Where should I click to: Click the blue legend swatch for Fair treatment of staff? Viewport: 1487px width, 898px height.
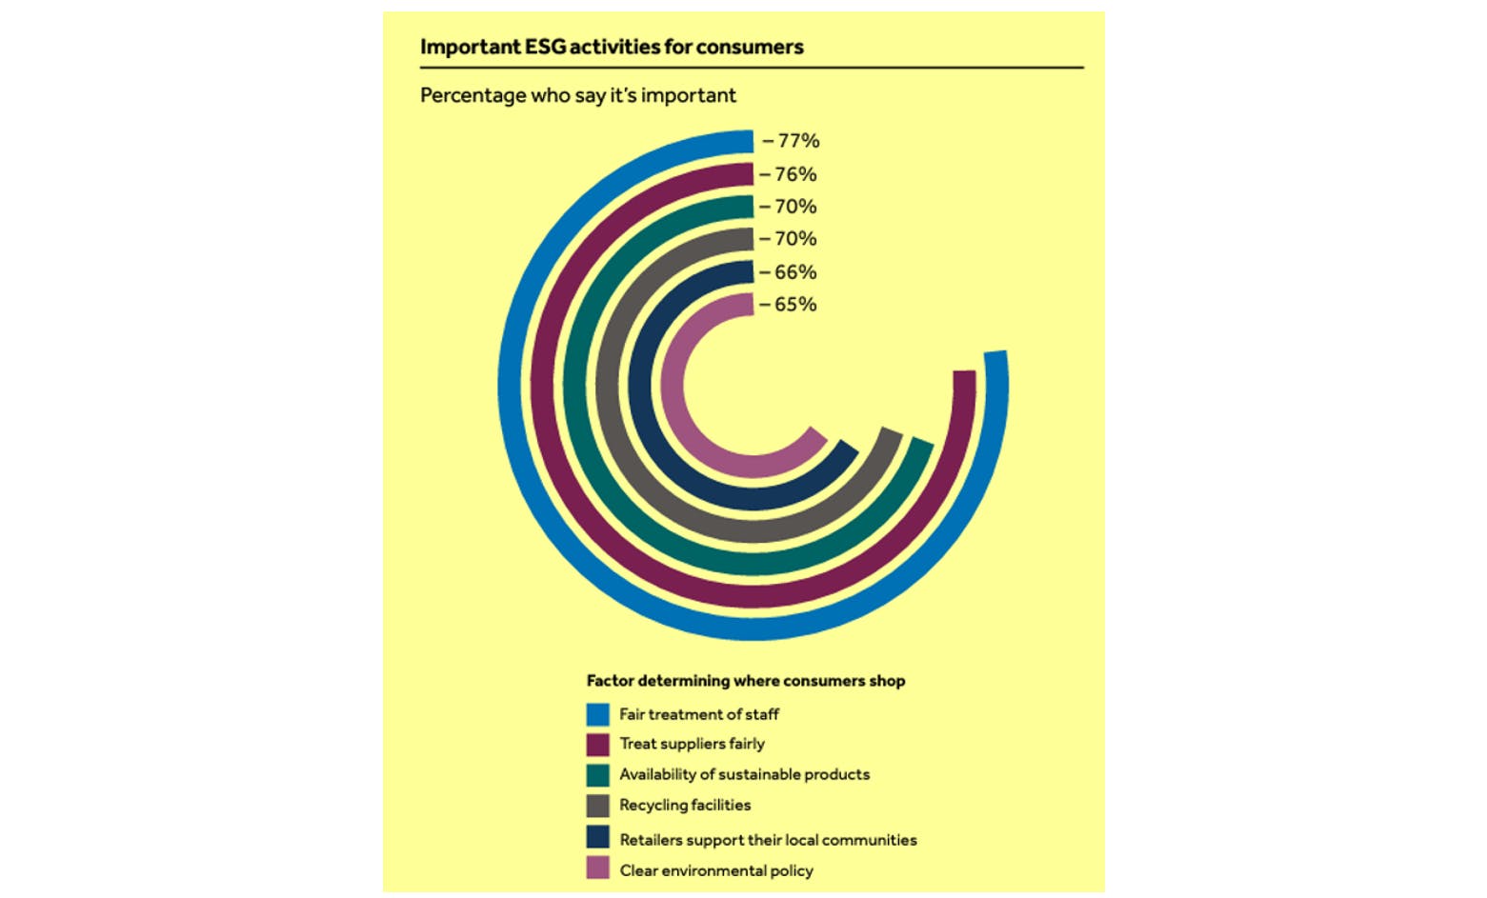pos(597,714)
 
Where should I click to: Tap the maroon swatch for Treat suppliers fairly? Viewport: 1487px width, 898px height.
pos(597,744)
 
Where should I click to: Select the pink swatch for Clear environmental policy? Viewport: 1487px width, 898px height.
pos(597,868)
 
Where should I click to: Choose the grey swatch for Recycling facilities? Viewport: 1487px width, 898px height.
pos(597,806)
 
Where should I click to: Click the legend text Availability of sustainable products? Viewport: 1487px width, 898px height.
pos(744,774)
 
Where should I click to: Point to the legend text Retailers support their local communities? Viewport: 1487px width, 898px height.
pos(768,840)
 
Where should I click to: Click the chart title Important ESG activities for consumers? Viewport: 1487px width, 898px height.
pos(612,47)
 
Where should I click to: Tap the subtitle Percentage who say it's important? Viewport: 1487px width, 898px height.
pos(577,95)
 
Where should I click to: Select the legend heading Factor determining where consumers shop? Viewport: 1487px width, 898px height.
pos(745,681)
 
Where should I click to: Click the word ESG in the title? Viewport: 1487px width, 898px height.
pos(545,47)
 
